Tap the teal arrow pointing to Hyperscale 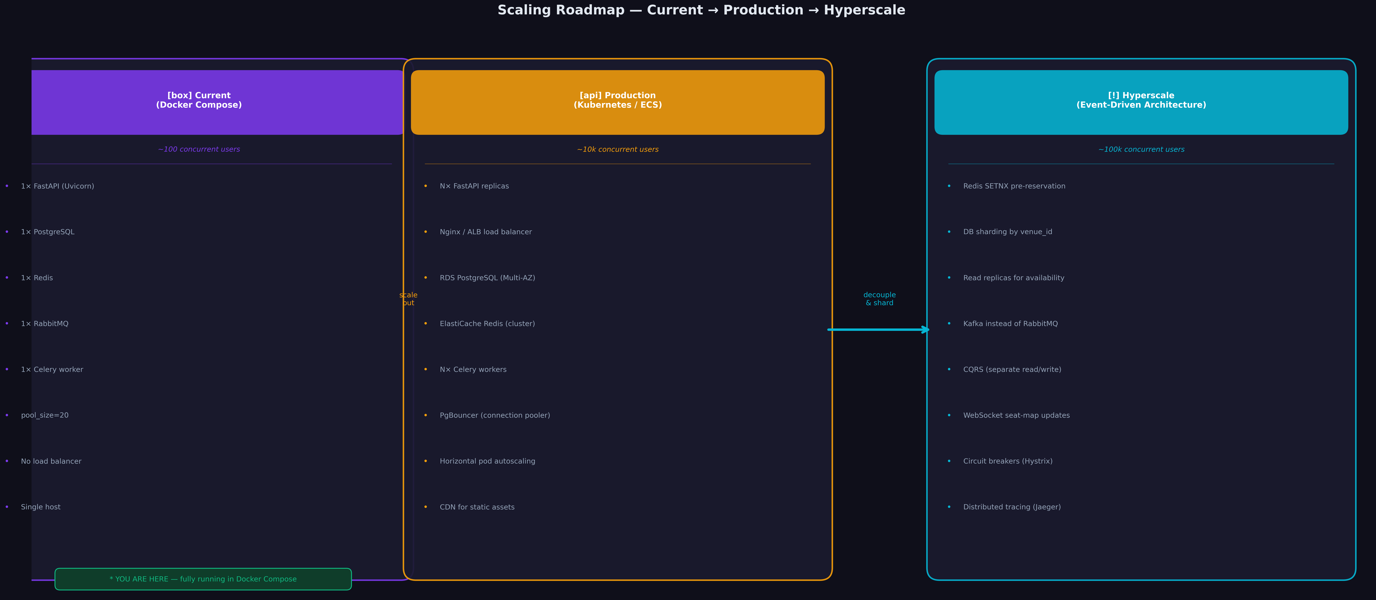pyautogui.click(x=879, y=330)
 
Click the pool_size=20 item pyautogui.click(x=45, y=415)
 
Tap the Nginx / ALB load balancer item pyautogui.click(x=486, y=232)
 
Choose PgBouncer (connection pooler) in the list pyautogui.click(x=495, y=415)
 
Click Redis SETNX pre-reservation pyautogui.click(x=1014, y=186)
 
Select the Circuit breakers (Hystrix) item pyautogui.click(x=1007, y=461)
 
